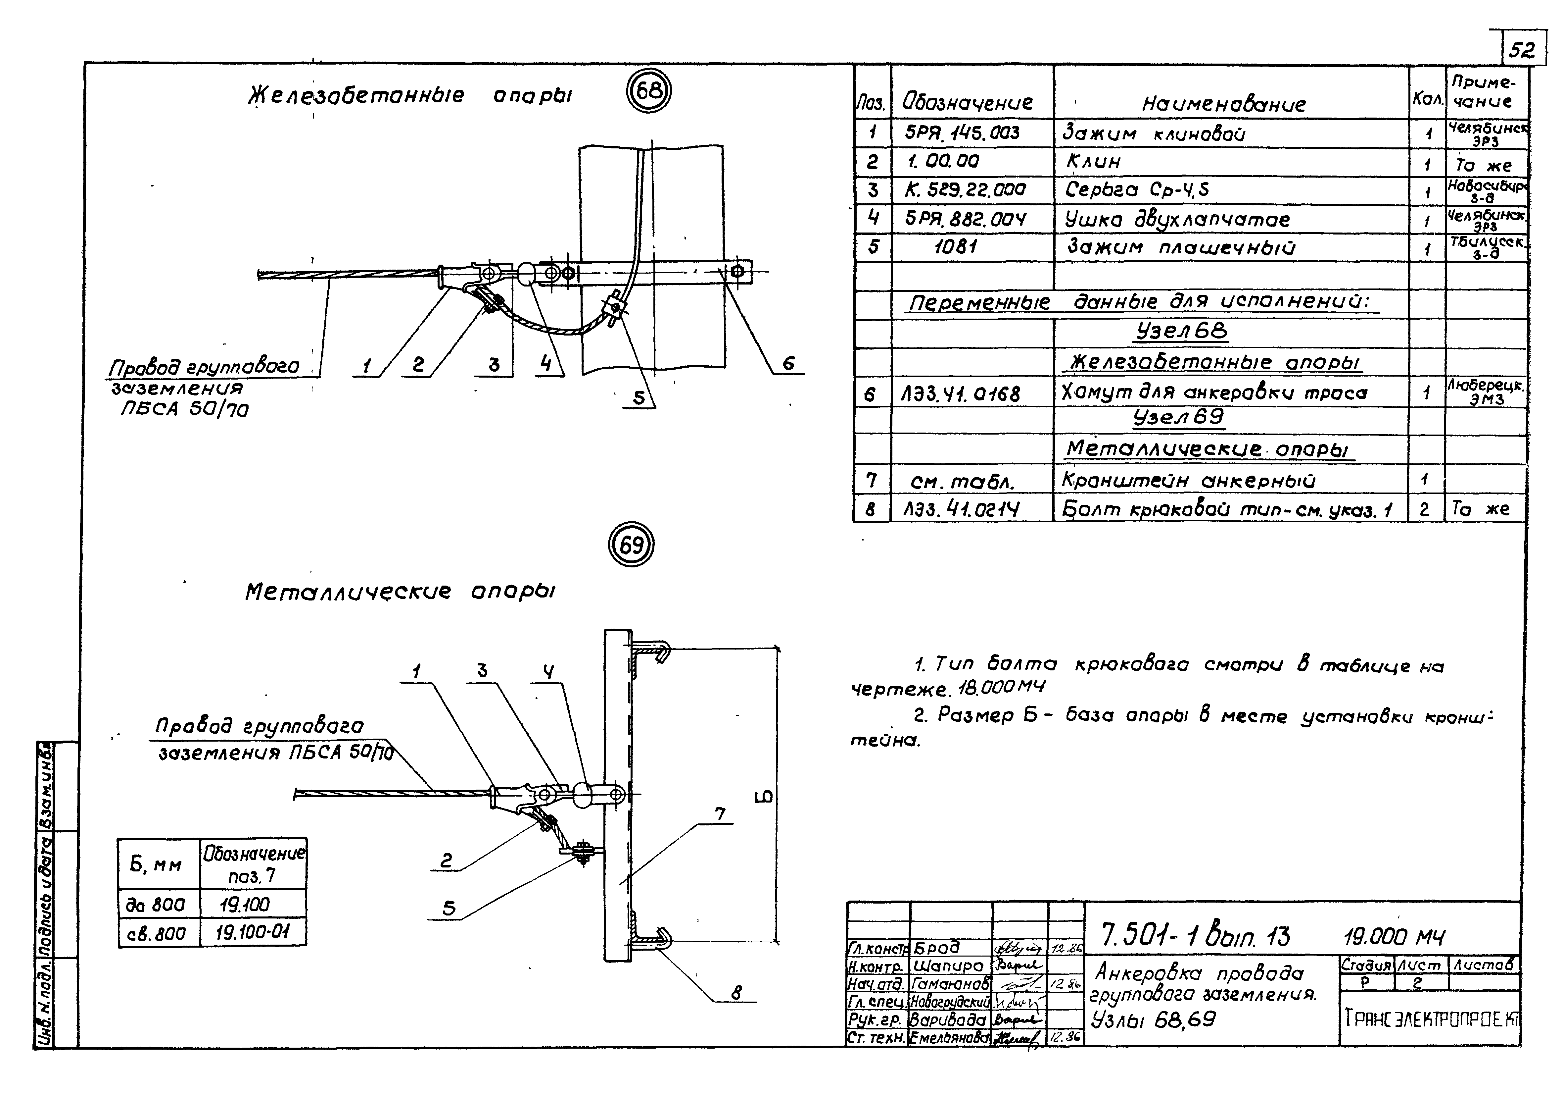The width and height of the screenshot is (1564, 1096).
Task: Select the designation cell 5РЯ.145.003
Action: [962, 133]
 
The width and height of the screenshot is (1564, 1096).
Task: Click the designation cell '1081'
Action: [955, 247]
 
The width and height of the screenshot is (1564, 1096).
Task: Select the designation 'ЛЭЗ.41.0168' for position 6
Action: [961, 394]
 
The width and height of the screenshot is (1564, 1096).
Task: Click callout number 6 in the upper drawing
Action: [788, 363]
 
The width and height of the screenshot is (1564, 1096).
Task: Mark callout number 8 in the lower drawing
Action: [736, 993]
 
